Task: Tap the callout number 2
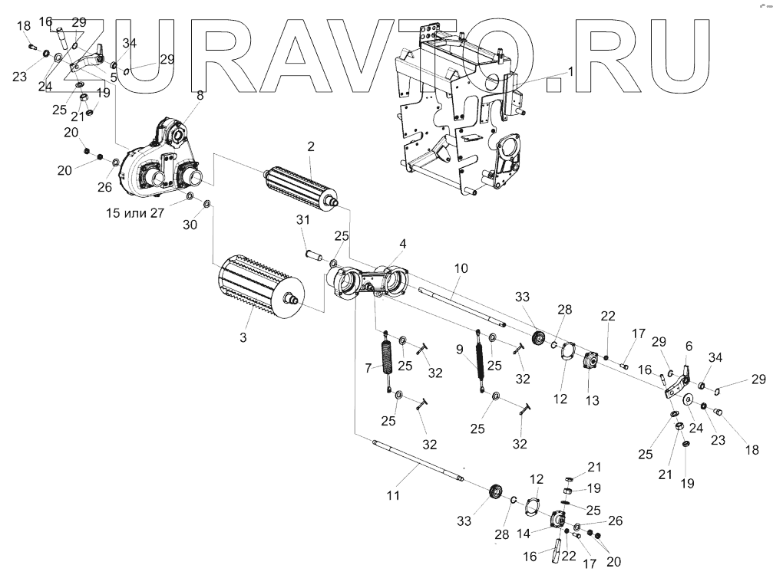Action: point(311,146)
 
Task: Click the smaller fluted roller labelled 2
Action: point(299,185)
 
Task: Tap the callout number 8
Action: point(200,96)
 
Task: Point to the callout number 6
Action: point(689,347)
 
